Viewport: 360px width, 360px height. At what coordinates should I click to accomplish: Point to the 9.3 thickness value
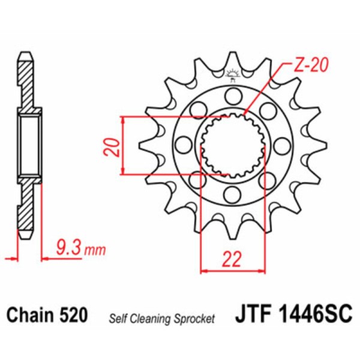point(67,246)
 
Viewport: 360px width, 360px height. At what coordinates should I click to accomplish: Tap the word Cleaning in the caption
point(151,319)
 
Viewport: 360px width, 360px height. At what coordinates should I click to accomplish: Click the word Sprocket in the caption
point(194,319)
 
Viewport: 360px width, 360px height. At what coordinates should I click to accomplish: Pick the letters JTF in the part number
point(252,315)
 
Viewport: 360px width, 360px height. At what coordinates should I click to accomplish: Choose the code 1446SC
point(316,315)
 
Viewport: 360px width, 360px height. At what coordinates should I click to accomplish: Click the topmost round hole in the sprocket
point(232,94)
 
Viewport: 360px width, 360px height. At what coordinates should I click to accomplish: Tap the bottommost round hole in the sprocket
point(232,193)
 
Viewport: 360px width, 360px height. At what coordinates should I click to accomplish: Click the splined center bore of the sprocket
point(232,144)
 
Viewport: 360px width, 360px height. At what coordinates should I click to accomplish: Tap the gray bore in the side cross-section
point(29,144)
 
